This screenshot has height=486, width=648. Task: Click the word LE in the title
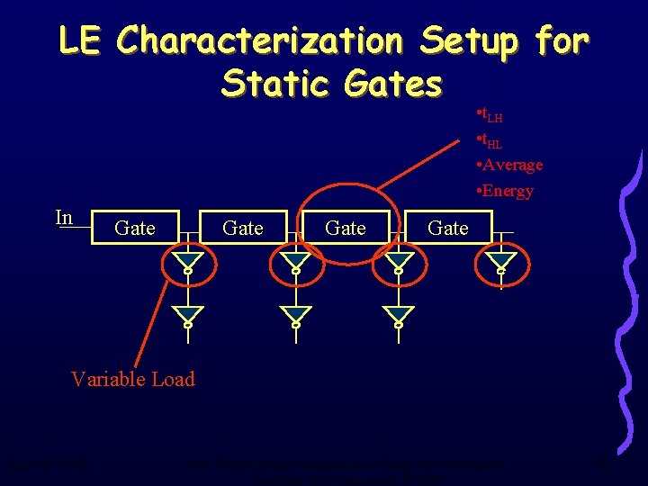pyautogui.click(x=80, y=40)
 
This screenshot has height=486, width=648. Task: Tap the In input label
pyautogui.click(x=64, y=218)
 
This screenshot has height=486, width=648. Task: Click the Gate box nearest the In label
pyautogui.click(x=135, y=229)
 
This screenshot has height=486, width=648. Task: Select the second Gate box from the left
pyautogui.click(x=243, y=229)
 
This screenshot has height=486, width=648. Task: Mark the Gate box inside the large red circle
pyautogui.click(x=346, y=229)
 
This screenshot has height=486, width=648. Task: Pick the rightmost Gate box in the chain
pyautogui.click(x=448, y=229)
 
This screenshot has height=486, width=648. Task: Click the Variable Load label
pyautogui.click(x=132, y=379)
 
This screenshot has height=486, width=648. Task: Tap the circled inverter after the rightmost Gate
pyautogui.click(x=500, y=261)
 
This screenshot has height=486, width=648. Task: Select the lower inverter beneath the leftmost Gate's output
pyautogui.click(x=188, y=315)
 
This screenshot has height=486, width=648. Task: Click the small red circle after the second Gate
pyautogui.click(x=294, y=261)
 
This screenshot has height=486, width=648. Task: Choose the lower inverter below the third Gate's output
pyautogui.click(x=397, y=315)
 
